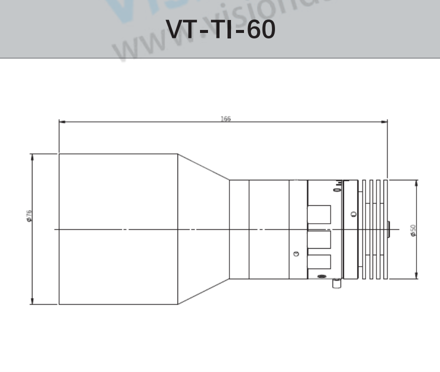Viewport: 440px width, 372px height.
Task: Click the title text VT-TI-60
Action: [x=220, y=30]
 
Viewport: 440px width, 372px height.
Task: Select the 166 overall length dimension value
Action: [x=225, y=119]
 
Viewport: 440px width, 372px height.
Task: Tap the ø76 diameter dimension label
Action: [x=29, y=215]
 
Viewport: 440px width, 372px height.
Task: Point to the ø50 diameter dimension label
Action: [x=413, y=230]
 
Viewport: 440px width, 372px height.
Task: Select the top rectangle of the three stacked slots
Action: [x=319, y=214]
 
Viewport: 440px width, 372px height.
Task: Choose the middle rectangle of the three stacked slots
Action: [x=319, y=239]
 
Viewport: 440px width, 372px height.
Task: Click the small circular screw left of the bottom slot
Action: [x=296, y=254]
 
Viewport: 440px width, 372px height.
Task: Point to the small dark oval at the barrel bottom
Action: [x=321, y=276]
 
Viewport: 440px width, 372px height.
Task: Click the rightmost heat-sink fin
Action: [x=385, y=229]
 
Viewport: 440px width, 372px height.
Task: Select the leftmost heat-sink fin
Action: [x=364, y=229]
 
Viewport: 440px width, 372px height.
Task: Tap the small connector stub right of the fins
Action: [x=389, y=229]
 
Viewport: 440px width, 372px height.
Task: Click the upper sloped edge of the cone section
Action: [x=203, y=167]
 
